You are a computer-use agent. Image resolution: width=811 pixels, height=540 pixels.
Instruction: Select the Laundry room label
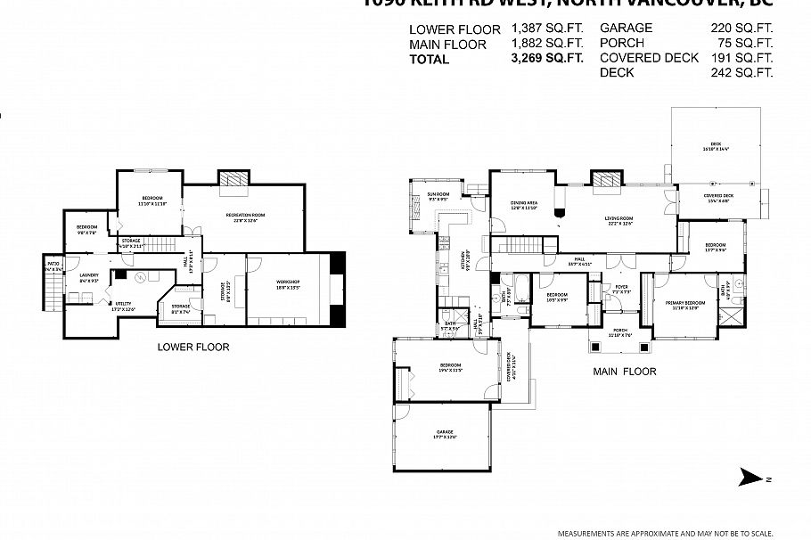pos(87,276)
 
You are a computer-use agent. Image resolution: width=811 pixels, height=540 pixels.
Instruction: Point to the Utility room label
pos(122,306)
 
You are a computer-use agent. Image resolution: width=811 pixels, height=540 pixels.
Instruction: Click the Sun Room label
pos(438,196)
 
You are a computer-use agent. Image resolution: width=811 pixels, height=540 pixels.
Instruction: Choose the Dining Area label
pos(523,205)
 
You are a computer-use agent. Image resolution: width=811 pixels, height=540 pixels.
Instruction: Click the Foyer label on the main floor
pos(620,289)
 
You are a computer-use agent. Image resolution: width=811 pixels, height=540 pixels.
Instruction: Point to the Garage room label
pos(446,434)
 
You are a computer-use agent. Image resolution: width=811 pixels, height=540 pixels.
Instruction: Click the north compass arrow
pos(753,479)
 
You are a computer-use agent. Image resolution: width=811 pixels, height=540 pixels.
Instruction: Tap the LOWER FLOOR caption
pos(193,347)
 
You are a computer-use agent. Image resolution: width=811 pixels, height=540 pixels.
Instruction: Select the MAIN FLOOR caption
pos(624,371)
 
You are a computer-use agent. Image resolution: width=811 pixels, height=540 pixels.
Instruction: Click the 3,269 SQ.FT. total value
pos(546,59)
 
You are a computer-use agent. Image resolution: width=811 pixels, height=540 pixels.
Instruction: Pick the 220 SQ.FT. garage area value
pos(741,28)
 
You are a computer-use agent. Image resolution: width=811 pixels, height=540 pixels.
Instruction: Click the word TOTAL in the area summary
pos(430,59)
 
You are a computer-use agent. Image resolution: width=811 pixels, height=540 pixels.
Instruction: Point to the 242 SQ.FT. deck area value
pos(741,73)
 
